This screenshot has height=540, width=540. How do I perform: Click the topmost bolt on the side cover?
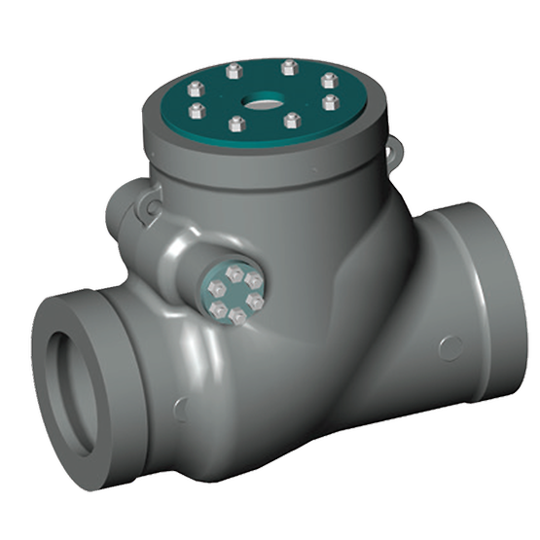tap(234, 273)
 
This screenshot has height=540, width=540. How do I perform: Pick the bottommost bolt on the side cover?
tap(237, 316)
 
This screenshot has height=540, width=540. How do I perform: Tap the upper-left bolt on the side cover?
tap(217, 288)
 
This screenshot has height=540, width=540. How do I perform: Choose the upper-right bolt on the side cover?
tap(253, 280)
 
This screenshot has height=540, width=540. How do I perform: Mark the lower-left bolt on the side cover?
tap(218, 308)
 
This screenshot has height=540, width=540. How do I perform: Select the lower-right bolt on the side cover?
tap(255, 301)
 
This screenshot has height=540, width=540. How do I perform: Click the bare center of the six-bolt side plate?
tap(236, 296)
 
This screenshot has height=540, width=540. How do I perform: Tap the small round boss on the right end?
tap(450, 345)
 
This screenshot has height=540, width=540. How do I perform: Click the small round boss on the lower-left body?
tap(180, 409)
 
